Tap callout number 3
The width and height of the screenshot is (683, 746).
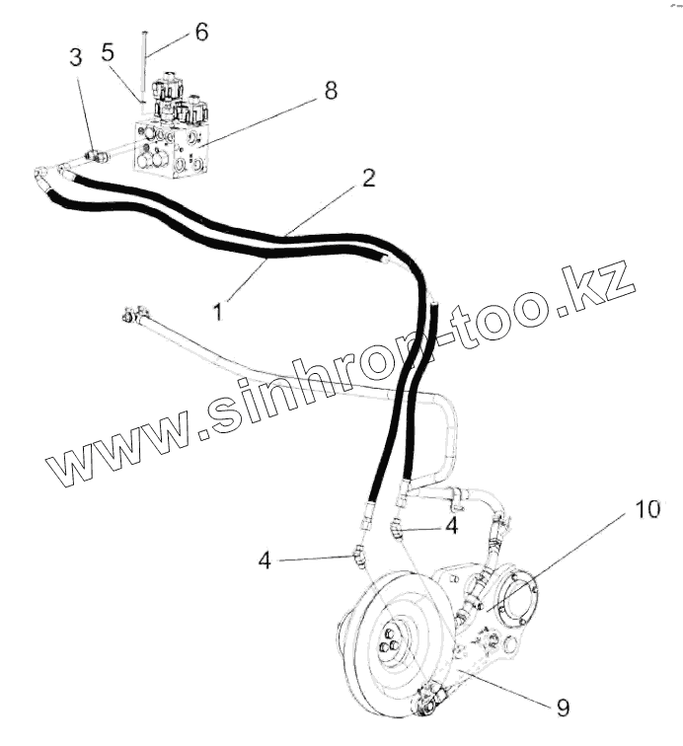pyautogui.click(x=75, y=58)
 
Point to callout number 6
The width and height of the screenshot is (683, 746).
pyautogui.click(x=200, y=32)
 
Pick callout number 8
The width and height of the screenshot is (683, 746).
pyautogui.click(x=329, y=91)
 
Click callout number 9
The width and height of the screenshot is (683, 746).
pyautogui.click(x=563, y=708)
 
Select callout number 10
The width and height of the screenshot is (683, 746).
pyautogui.click(x=646, y=510)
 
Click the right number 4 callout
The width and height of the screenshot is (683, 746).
pyautogui.click(x=451, y=526)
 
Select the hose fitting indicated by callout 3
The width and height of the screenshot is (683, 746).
pyautogui.click(x=97, y=154)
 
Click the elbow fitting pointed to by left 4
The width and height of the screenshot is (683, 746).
pyautogui.click(x=357, y=559)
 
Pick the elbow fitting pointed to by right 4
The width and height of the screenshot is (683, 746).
pyautogui.click(x=397, y=531)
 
